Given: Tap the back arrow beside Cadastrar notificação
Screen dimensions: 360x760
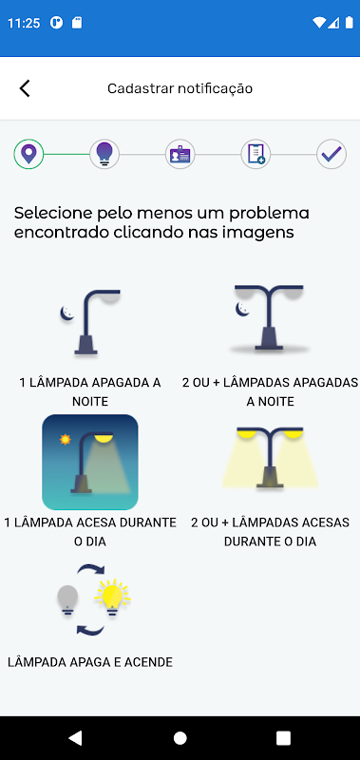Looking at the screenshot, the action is click(x=25, y=88).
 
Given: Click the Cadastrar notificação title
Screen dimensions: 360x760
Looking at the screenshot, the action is click(x=180, y=88).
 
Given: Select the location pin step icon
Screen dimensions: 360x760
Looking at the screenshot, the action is click(x=29, y=154).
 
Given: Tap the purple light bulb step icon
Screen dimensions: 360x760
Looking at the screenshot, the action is click(x=104, y=154).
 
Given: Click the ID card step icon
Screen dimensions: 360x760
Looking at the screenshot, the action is click(x=180, y=154).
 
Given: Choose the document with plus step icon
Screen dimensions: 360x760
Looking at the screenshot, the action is click(x=256, y=154).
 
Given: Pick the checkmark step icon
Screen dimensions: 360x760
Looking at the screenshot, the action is click(x=332, y=154).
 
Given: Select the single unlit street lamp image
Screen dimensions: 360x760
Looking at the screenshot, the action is click(x=90, y=322).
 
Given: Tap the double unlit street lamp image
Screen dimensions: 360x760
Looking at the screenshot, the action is click(x=270, y=317).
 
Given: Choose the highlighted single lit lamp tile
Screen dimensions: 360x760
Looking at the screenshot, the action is click(x=90, y=462).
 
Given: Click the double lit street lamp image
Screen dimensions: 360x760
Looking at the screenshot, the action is click(x=270, y=457).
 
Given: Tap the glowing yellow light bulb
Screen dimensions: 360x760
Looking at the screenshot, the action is click(x=112, y=598).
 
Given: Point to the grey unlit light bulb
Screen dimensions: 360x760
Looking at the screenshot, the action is click(x=67, y=600).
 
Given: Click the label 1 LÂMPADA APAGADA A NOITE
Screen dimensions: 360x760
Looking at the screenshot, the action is click(x=90, y=391).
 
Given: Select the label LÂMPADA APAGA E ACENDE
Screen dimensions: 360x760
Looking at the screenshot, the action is click(x=90, y=662).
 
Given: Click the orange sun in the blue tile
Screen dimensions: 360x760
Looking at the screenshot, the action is click(x=65, y=440).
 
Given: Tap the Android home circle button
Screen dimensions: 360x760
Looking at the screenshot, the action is click(x=180, y=738).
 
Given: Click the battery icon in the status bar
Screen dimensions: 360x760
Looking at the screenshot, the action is click(x=349, y=22).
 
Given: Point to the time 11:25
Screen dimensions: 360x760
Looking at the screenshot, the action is click(x=24, y=23).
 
